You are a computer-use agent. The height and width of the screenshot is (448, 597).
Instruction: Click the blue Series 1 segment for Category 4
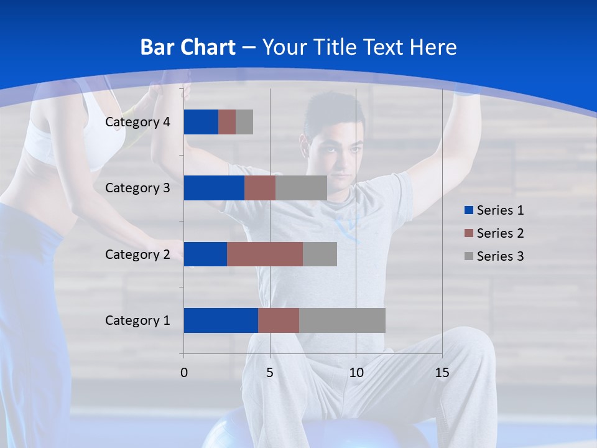[201, 122]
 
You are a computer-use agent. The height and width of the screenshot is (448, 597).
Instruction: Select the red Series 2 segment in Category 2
[265, 254]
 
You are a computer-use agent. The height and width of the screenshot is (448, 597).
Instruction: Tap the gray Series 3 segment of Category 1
[342, 320]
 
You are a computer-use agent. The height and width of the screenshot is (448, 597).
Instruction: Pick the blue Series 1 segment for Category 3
[214, 188]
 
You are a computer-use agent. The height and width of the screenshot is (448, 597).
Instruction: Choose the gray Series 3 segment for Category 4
[244, 122]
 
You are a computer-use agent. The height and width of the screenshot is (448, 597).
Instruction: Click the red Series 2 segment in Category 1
[279, 320]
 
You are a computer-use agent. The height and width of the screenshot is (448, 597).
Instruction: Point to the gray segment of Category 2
[320, 254]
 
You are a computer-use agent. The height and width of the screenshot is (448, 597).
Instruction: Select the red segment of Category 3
[260, 188]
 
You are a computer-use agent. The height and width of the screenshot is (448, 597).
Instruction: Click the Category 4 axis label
[137, 122]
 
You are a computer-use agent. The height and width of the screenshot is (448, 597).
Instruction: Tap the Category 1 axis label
[137, 320]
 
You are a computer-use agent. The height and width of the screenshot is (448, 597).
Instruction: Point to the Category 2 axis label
[137, 254]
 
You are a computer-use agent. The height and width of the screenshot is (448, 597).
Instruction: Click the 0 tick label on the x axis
[184, 373]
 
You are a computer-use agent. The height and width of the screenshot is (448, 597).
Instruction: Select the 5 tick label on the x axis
[270, 373]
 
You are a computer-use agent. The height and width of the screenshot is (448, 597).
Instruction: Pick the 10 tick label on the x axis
[356, 373]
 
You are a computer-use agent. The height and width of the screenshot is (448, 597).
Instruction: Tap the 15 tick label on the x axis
[442, 373]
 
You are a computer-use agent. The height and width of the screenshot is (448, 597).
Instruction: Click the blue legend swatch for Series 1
[468, 210]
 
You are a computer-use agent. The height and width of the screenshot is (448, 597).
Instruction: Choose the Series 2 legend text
[500, 233]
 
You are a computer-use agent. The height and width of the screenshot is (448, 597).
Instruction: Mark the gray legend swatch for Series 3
[468, 256]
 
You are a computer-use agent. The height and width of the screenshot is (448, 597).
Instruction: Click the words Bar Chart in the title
[188, 47]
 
